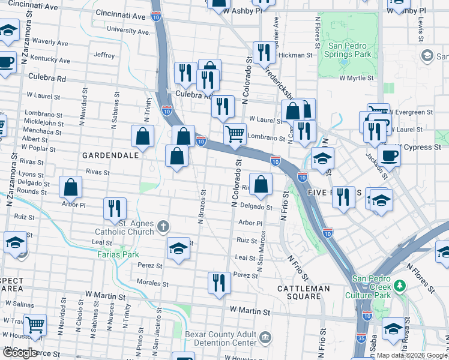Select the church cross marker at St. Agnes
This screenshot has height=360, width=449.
(163, 227)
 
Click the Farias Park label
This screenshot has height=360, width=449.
(118, 254)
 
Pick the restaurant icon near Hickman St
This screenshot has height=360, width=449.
(264, 53)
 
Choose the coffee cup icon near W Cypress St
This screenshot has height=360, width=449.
(389, 155)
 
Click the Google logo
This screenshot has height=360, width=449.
(20, 353)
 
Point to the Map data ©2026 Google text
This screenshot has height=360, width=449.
(411, 355)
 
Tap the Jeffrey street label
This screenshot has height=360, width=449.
(104, 55)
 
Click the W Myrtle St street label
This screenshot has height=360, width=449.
(356, 78)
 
